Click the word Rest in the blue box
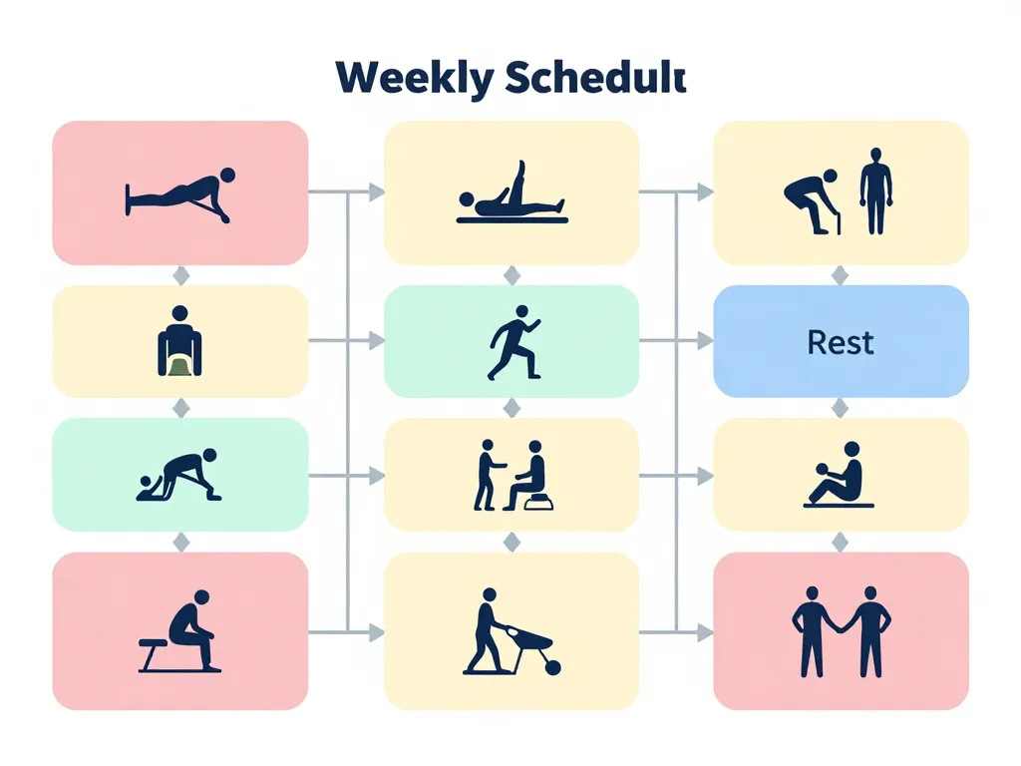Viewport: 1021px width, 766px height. click(x=841, y=343)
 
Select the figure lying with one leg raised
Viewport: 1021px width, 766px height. click(x=510, y=193)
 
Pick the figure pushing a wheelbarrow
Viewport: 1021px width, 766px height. click(x=486, y=629)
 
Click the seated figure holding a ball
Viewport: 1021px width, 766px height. click(x=841, y=473)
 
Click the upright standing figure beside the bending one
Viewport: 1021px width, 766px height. click(x=875, y=191)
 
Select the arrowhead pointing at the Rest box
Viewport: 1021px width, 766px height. click(x=706, y=341)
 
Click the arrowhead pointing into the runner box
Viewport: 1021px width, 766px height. click(x=376, y=341)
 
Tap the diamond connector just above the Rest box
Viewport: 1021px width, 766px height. click(x=840, y=275)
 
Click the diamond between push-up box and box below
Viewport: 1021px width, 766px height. click(x=180, y=275)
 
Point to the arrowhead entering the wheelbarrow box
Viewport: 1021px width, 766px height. click(x=376, y=631)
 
